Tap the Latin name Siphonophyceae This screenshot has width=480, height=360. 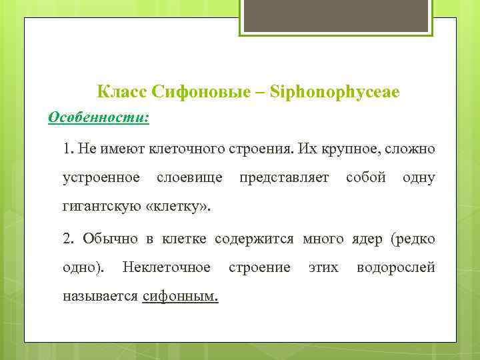tap(335, 91)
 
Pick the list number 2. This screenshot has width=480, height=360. tap(67, 238)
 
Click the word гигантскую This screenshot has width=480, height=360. tap(100, 207)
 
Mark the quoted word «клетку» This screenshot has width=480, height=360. tap(177, 207)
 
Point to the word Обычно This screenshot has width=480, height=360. tap(107, 238)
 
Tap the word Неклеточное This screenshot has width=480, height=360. tap(167, 267)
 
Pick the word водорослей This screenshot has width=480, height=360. tap(396, 267)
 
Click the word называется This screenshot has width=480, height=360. tap(100, 297)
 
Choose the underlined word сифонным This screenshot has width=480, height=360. tap(181, 297)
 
